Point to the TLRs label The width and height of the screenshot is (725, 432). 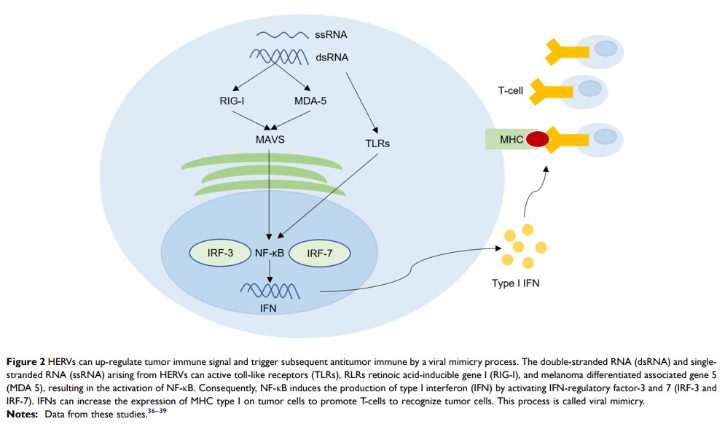tap(375, 144)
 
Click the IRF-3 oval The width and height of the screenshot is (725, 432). tap(219, 254)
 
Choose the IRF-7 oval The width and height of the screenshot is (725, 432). tap(320, 254)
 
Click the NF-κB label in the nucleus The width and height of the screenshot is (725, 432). tap(270, 254)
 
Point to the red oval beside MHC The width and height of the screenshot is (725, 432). tap(538, 138)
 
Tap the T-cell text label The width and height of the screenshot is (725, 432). tap(512, 91)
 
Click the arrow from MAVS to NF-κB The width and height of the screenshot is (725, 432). tap(270, 189)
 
